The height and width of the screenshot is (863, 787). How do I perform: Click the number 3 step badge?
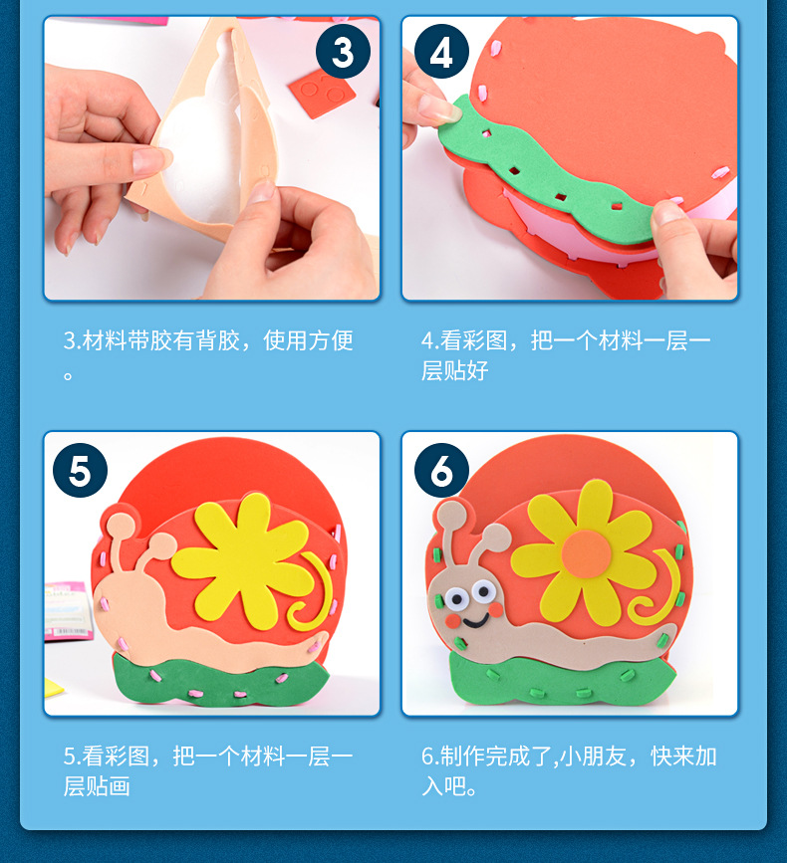(x=343, y=52)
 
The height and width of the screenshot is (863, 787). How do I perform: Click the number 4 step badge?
(x=441, y=52)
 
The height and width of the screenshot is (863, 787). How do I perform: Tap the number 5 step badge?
(x=80, y=471)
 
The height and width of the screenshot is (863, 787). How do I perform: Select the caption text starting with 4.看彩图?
(x=565, y=355)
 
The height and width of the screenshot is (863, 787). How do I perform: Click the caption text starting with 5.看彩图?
(x=208, y=770)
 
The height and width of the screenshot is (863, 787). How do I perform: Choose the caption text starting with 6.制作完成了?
(x=568, y=770)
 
